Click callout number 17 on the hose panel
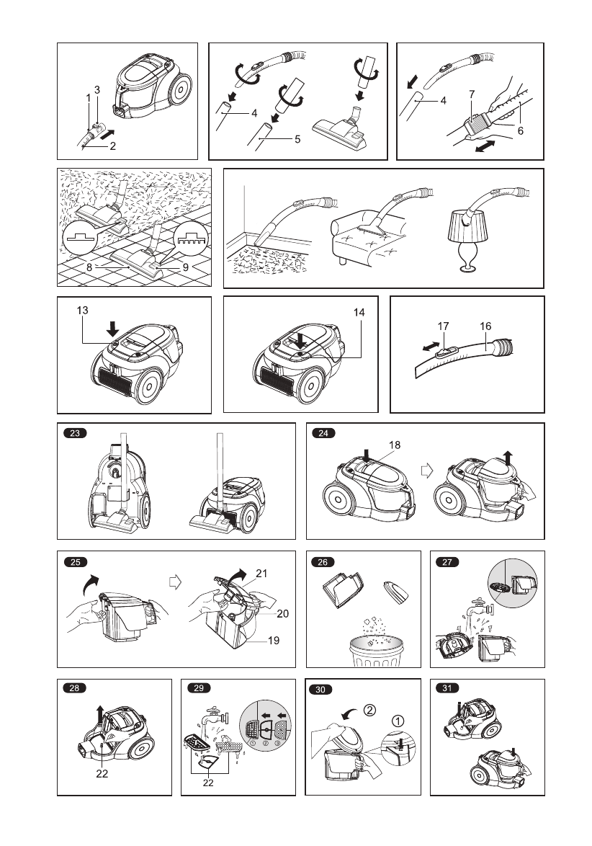(x=444, y=325)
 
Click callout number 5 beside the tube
(x=297, y=140)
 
